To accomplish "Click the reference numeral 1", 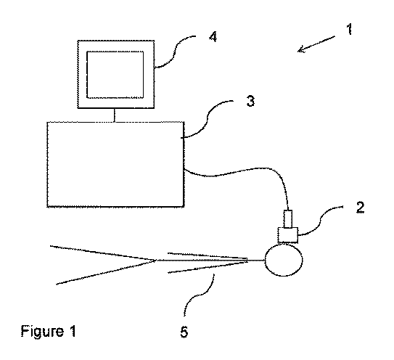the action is click(349, 29).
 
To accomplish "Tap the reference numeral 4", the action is click(213, 37).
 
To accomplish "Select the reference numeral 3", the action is click(250, 101).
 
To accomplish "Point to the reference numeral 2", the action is click(360, 208).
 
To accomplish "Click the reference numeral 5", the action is click(184, 332).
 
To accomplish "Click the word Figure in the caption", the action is click(42, 332).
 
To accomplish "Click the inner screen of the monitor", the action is click(115, 75).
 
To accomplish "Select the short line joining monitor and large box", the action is click(115, 115).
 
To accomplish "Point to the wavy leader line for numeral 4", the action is click(175, 52).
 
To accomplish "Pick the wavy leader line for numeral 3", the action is click(208, 120).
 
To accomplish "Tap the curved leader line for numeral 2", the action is click(321, 221).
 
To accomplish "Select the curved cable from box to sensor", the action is click(241, 172).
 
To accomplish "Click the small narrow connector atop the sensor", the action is click(288, 218).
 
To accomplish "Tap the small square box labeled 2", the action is click(288, 235).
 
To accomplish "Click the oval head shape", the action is click(284, 260).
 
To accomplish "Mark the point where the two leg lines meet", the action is click(156, 260).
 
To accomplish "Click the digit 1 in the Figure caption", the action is click(72, 331).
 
